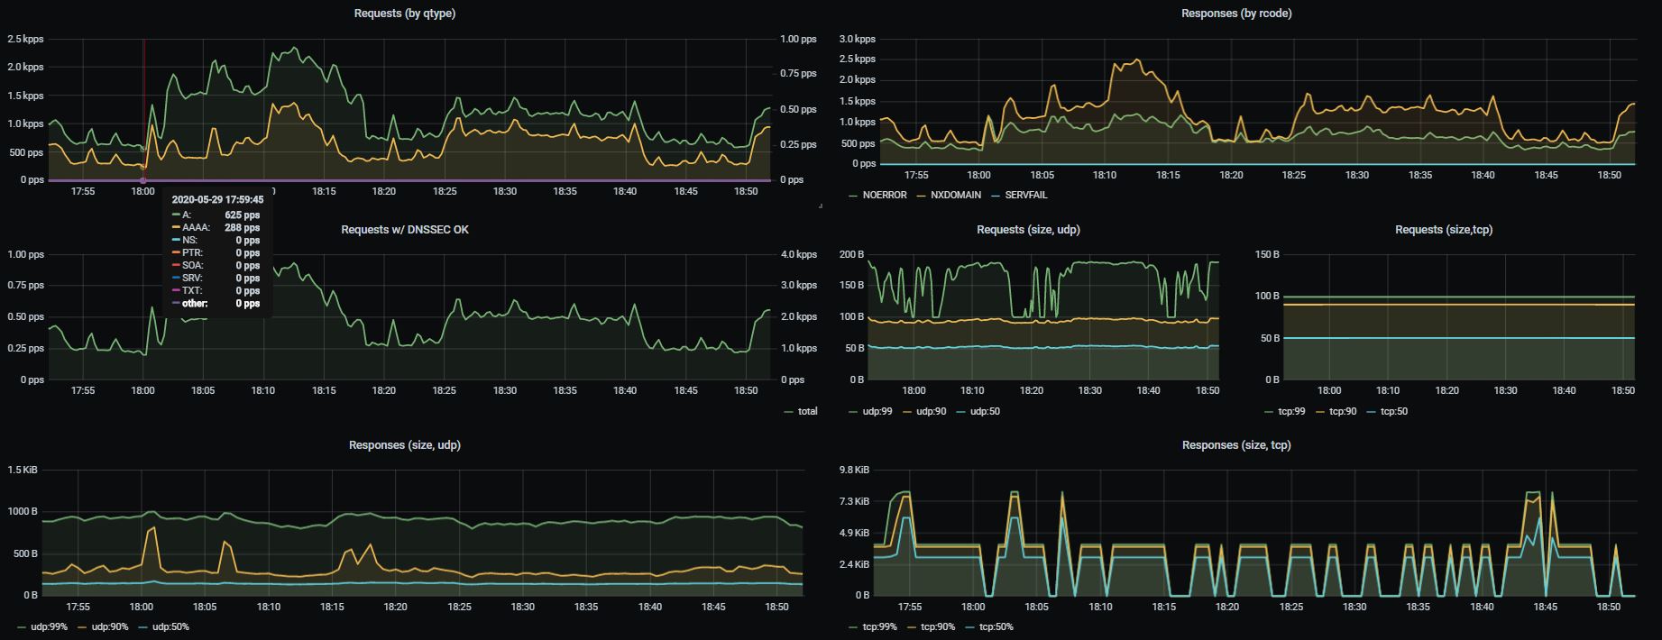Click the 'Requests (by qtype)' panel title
[404, 14]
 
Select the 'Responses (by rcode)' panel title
[1236, 14]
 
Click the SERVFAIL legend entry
[1019, 195]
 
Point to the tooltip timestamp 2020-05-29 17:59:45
[217, 200]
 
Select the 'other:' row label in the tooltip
[195, 304]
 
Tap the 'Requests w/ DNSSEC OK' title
[404, 230]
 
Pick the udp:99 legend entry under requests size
[873, 411]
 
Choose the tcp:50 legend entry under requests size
[1387, 411]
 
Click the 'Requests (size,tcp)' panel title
[1444, 230]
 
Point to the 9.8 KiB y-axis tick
[853, 471]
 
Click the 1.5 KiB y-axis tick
[22, 471]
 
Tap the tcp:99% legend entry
[873, 626]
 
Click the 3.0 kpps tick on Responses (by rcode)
[857, 40]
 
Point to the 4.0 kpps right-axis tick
[799, 255]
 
